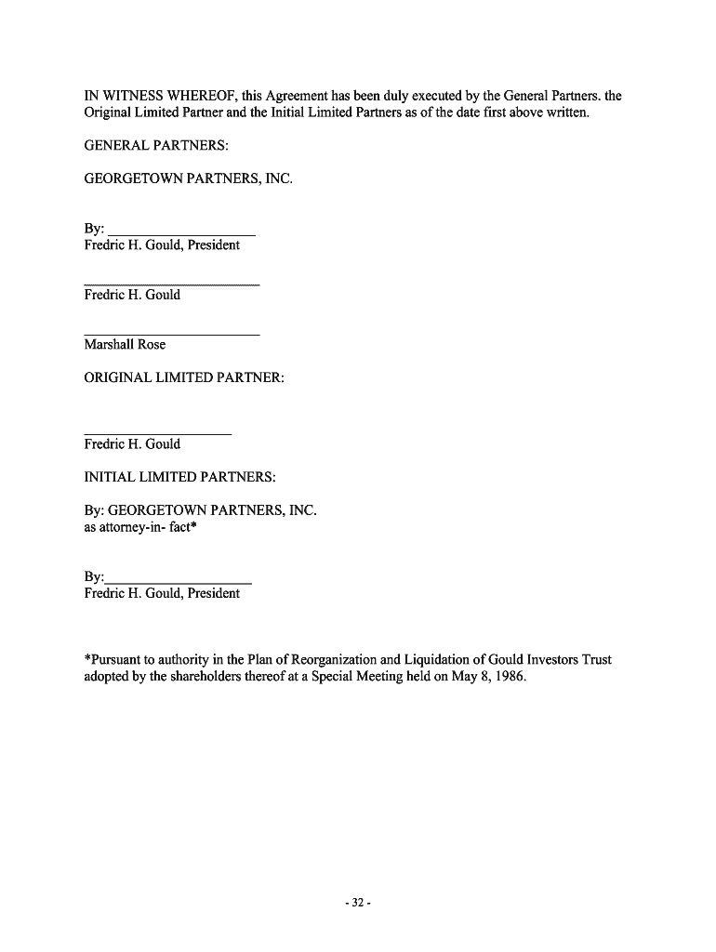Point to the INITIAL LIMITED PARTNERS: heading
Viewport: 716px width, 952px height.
(179, 477)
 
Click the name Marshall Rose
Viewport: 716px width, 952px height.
(125, 344)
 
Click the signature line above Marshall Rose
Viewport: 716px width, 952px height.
(171, 334)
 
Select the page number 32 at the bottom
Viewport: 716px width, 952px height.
(357, 902)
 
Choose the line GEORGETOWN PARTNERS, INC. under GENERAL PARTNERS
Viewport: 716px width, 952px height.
(188, 178)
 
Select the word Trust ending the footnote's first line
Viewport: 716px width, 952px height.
(594, 660)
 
